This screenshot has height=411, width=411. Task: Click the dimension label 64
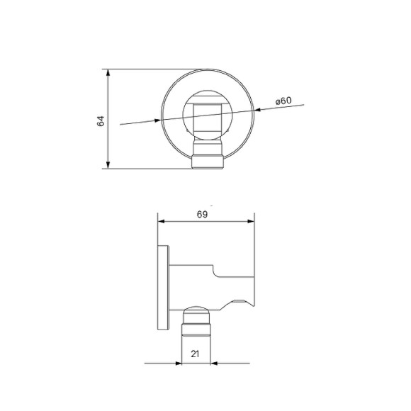click(101, 120)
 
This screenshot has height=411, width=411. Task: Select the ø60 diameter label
click(283, 101)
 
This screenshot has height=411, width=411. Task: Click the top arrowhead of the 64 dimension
click(107, 73)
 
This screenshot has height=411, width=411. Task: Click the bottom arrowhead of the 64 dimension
click(107, 165)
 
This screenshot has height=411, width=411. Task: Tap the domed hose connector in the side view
click(198, 317)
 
